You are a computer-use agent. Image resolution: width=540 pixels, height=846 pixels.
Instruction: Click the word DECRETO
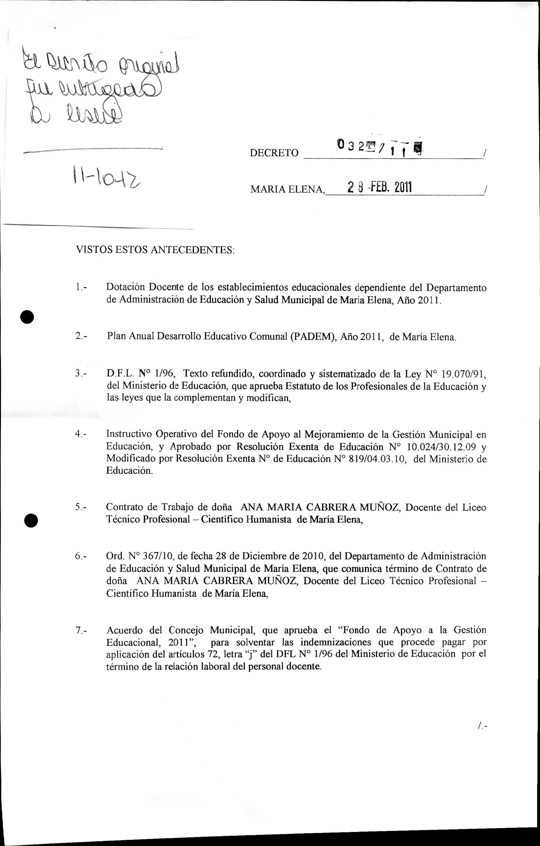274,153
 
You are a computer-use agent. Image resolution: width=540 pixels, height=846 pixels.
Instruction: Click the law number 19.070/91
462,374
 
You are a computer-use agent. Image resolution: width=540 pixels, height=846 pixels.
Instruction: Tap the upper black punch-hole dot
27,317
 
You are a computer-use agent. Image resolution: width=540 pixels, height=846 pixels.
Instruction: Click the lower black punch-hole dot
31,520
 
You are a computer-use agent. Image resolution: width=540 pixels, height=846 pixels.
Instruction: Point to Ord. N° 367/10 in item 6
140,556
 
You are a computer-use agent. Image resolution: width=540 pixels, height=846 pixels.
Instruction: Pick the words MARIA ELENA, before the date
288,190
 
